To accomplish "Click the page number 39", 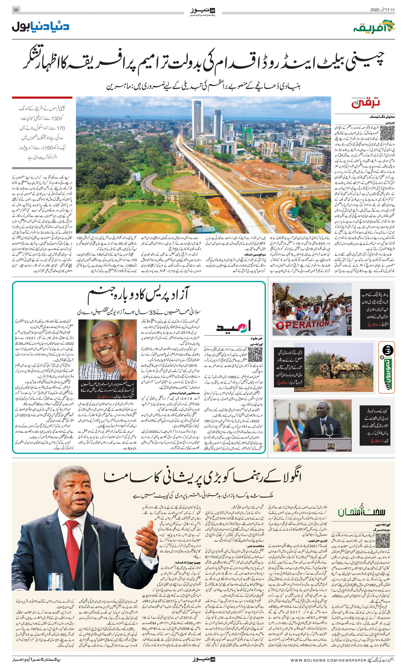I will pyautogui.click(x=16, y=10).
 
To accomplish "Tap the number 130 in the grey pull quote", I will pyautogui.click(x=56, y=118).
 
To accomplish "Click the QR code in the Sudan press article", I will pyautogui.click(x=255, y=354).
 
